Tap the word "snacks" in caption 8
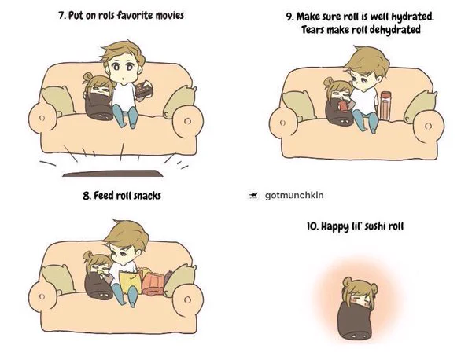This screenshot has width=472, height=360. pyautogui.click(x=148, y=196)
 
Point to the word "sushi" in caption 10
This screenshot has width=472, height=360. pyautogui.click(x=375, y=226)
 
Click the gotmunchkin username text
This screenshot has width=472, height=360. pyautogui.click(x=294, y=195)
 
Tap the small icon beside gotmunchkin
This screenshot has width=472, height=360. pyautogui.click(x=254, y=196)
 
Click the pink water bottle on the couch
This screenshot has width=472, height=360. pyautogui.click(x=385, y=105)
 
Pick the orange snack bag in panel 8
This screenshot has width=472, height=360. pyautogui.click(x=153, y=283)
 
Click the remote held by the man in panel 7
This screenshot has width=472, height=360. pyautogui.click(x=144, y=89)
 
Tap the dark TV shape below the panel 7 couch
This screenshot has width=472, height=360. pyautogui.click(x=112, y=173)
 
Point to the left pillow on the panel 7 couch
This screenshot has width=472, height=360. pyautogui.click(x=57, y=100)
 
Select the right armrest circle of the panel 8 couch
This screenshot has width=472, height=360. pyautogui.click(x=187, y=299)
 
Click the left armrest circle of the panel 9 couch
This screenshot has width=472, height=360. pyautogui.click(x=282, y=123)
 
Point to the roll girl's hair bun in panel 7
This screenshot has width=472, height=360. pyautogui.click(x=87, y=76)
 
